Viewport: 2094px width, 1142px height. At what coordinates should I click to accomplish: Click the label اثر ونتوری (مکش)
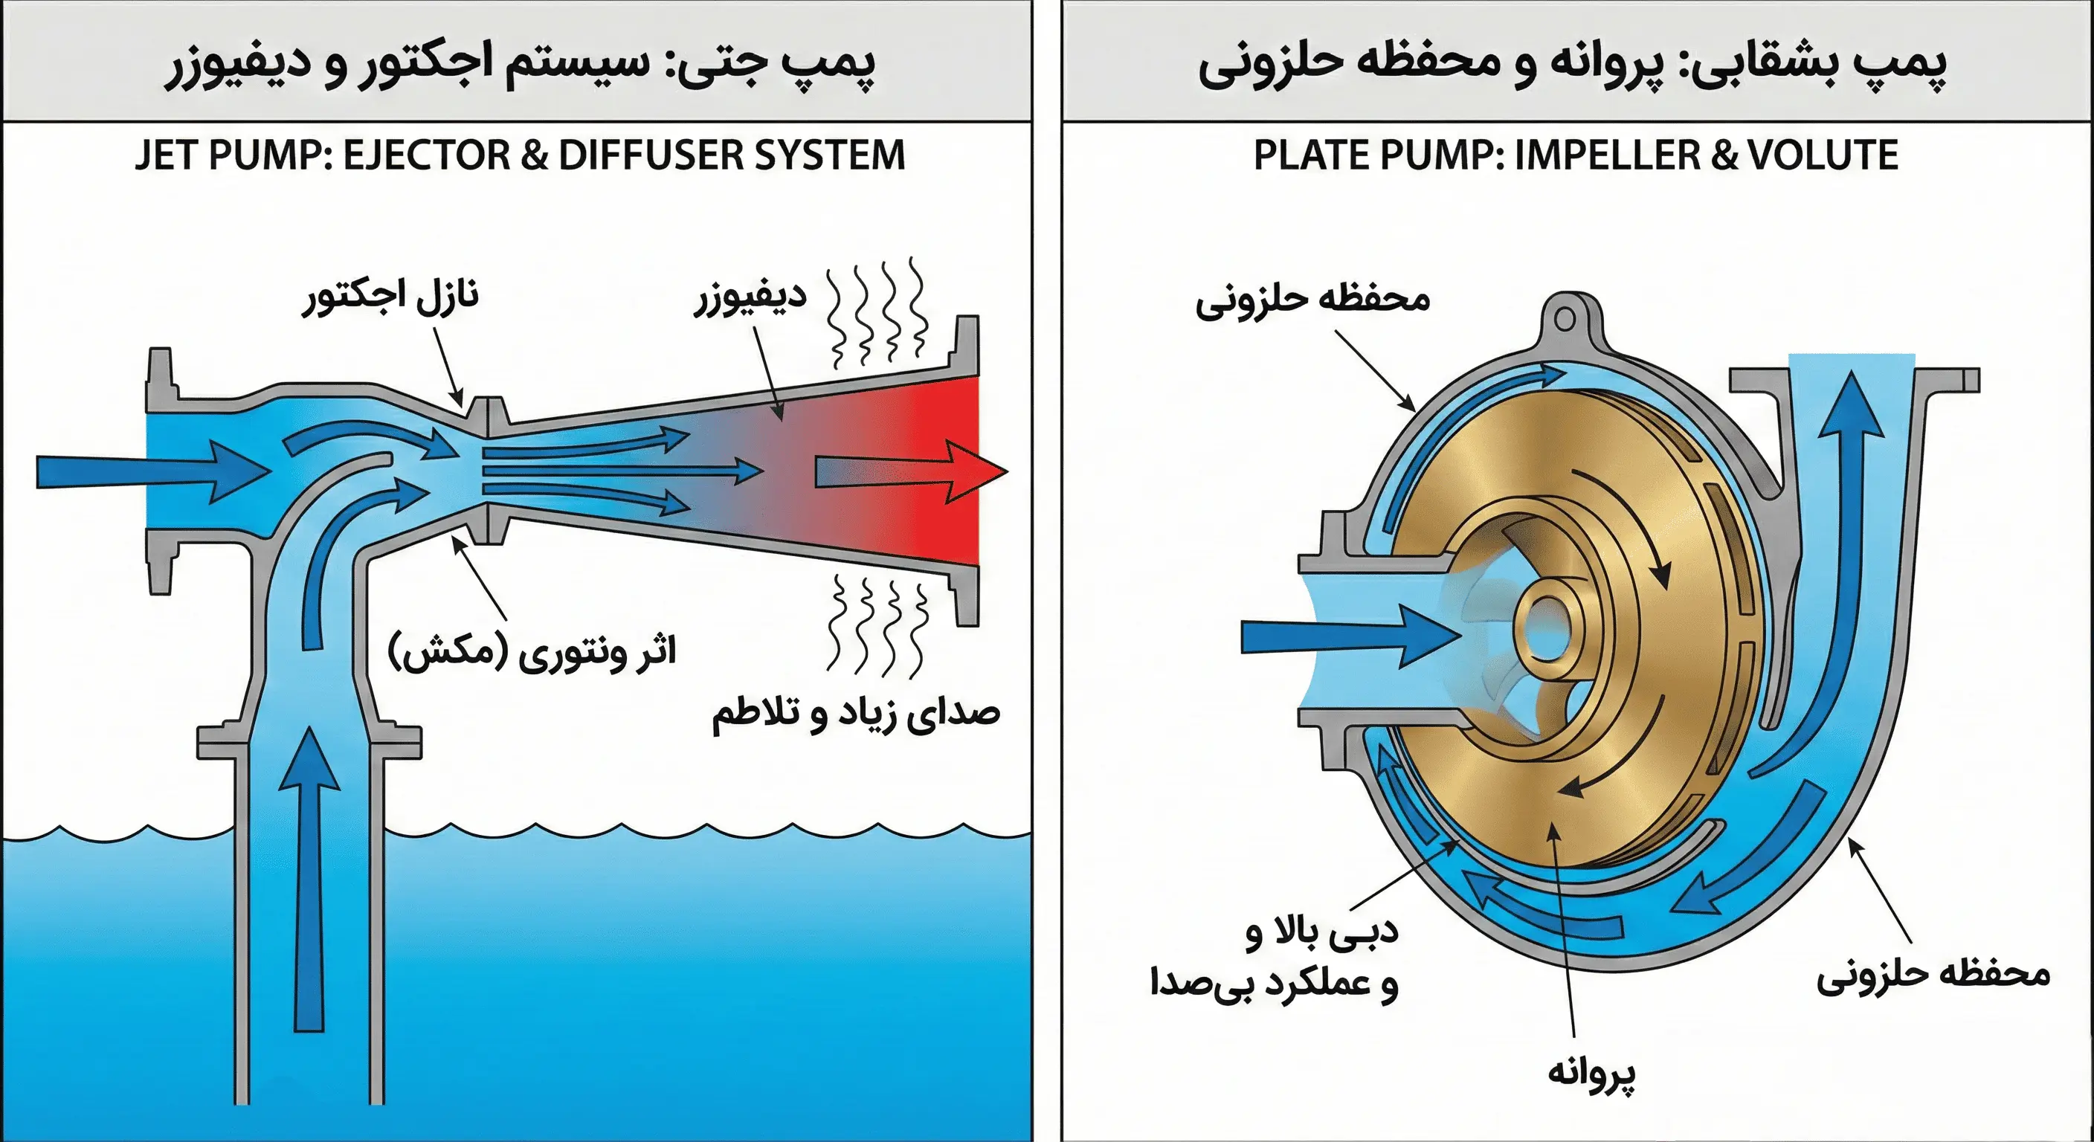coord(532,652)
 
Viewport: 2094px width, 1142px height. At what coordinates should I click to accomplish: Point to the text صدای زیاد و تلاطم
coord(855,714)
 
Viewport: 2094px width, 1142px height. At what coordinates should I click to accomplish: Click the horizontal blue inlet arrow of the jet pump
coord(150,471)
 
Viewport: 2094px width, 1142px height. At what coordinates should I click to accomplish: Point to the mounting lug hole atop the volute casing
coord(1565,319)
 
